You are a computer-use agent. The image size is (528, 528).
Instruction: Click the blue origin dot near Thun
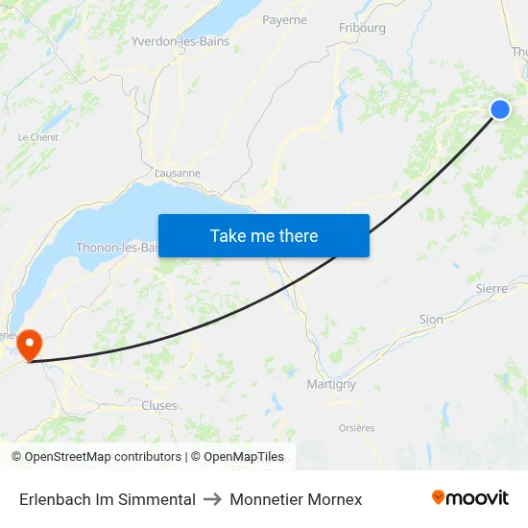click(500, 109)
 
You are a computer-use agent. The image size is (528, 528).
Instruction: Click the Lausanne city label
click(178, 174)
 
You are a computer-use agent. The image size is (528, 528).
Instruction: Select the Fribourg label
click(362, 28)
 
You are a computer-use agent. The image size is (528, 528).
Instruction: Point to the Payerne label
click(284, 19)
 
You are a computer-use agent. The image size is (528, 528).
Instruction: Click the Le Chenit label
click(37, 137)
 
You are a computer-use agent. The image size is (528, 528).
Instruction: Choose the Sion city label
click(431, 320)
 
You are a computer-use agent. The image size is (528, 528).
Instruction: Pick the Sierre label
click(492, 288)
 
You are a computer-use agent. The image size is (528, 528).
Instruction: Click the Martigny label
click(330, 384)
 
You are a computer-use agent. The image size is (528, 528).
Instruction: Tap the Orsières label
click(357, 428)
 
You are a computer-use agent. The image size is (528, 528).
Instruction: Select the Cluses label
click(159, 405)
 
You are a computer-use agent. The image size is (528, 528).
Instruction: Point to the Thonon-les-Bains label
click(117, 248)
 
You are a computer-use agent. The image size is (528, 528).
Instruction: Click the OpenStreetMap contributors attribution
click(103, 457)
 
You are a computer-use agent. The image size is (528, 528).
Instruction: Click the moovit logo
click(470, 497)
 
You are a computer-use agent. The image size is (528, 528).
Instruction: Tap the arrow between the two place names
click(212, 499)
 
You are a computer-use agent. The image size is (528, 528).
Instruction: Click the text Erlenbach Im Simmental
click(108, 499)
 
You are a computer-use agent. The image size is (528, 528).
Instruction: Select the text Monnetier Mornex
click(296, 499)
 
